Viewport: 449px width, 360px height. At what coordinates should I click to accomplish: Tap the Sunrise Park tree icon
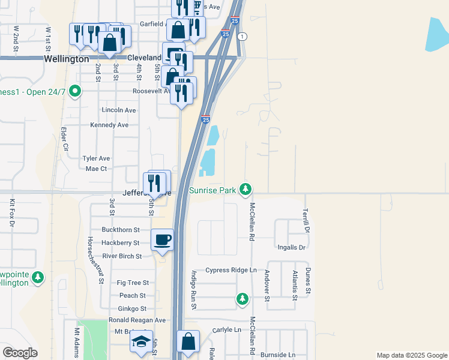pos(245,190)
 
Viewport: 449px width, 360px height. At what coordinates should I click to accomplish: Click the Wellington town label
pos(67,59)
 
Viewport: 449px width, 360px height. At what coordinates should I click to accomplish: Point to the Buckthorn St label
pos(121,230)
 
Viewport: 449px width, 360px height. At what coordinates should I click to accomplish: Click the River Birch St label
pos(122,256)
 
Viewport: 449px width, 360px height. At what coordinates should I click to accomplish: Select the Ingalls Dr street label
pos(292,247)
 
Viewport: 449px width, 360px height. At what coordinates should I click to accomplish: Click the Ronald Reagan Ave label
pos(137,320)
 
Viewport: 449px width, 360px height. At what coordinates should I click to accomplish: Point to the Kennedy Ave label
pos(109,125)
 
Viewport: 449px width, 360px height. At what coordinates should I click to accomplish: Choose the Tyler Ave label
pos(96,158)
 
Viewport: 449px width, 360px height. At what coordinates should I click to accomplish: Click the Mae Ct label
pos(96,169)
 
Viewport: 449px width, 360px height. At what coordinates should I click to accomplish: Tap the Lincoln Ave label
pos(119,110)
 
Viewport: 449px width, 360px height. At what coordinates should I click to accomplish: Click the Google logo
pos(20,353)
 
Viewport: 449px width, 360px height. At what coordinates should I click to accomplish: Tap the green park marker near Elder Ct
pos(75,92)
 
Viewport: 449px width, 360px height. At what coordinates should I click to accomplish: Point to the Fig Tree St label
pos(133,283)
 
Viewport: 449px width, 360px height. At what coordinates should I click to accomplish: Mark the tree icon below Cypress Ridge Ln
pos(242,298)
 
